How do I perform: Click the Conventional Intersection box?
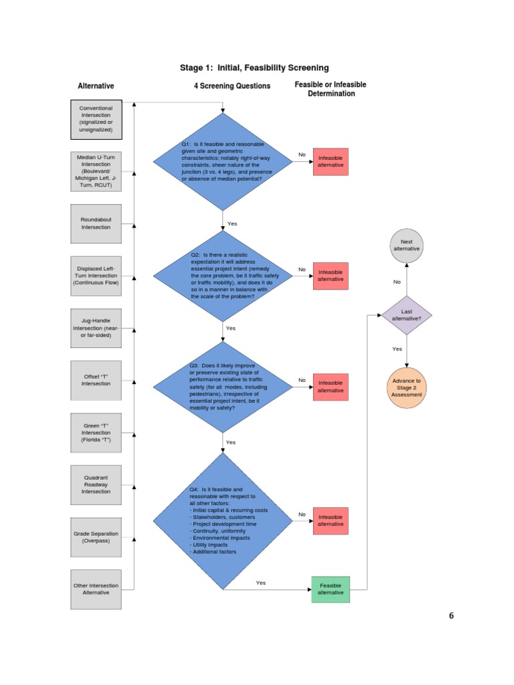[96, 118]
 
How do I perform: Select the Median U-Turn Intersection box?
[96, 171]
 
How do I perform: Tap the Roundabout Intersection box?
[96, 223]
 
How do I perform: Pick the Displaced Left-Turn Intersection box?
[96, 276]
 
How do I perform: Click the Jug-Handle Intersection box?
[96, 328]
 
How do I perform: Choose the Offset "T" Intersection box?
[96, 380]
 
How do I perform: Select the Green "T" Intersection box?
[96, 432]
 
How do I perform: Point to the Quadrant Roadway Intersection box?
[96, 484]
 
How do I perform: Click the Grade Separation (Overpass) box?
[96, 536]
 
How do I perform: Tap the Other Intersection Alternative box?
[96, 589]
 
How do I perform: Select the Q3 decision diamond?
[223, 387]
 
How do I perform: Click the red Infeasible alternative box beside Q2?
[331, 276]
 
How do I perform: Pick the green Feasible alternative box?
[330, 589]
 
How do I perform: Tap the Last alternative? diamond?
[406, 315]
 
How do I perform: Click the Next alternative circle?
[406, 245]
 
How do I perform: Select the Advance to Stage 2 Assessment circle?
[406, 387]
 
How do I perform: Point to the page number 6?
[451, 616]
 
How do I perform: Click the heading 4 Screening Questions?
[232, 86]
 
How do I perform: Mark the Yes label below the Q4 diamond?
[260, 583]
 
